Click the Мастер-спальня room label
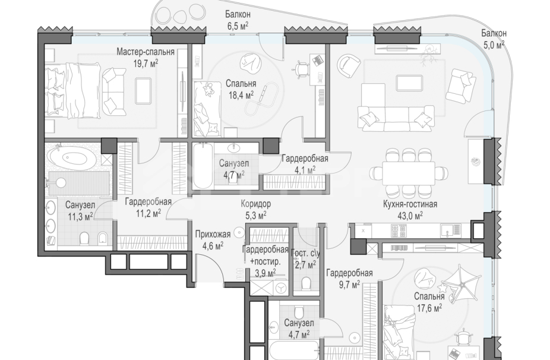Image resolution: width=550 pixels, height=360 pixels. coord(145,52)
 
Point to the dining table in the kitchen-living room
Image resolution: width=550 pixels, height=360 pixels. coord(409,172)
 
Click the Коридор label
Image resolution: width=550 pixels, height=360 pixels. coord(256,204)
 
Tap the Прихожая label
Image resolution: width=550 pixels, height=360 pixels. coord(213,234)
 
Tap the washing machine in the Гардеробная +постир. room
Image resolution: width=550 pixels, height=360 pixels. coord(280,288)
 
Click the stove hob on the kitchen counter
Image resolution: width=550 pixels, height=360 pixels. coord(399,230)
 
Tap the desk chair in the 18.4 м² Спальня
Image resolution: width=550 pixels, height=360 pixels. coord(301,70)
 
